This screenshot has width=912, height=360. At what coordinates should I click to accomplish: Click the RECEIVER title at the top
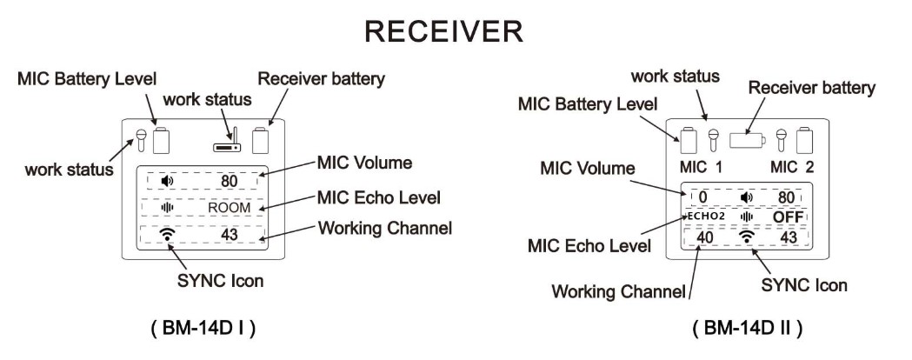click(444, 33)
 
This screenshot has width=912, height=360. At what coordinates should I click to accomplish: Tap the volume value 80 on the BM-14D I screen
click(230, 181)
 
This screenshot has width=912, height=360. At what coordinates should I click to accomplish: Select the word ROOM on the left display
click(230, 209)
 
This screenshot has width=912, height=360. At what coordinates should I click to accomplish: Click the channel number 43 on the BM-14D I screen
click(230, 235)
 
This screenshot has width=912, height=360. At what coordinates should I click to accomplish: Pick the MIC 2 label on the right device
click(792, 165)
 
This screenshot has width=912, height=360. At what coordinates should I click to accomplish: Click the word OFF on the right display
click(788, 216)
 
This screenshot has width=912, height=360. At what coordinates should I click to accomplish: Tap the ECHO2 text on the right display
click(703, 216)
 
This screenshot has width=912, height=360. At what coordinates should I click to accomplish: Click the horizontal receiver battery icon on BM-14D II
click(747, 139)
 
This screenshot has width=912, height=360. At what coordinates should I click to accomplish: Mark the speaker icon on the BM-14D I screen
click(167, 181)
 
